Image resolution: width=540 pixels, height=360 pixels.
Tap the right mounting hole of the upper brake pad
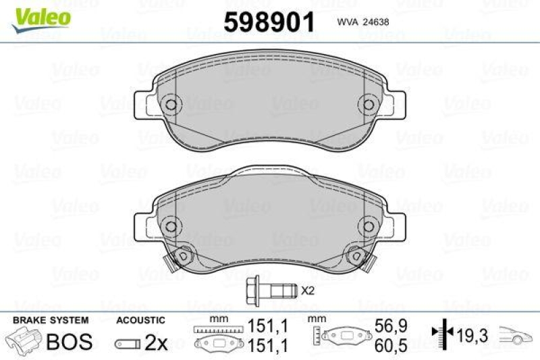tap(369, 105)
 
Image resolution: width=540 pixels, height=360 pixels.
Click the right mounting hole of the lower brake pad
tap(369, 226)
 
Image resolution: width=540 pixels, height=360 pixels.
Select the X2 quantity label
tap(308, 291)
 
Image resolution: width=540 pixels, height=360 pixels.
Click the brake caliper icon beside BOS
tap(22, 341)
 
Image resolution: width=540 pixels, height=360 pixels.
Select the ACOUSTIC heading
tap(140, 320)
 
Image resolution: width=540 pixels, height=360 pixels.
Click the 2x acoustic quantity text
tap(157, 342)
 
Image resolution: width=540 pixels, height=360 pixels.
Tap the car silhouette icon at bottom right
tap(516, 333)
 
